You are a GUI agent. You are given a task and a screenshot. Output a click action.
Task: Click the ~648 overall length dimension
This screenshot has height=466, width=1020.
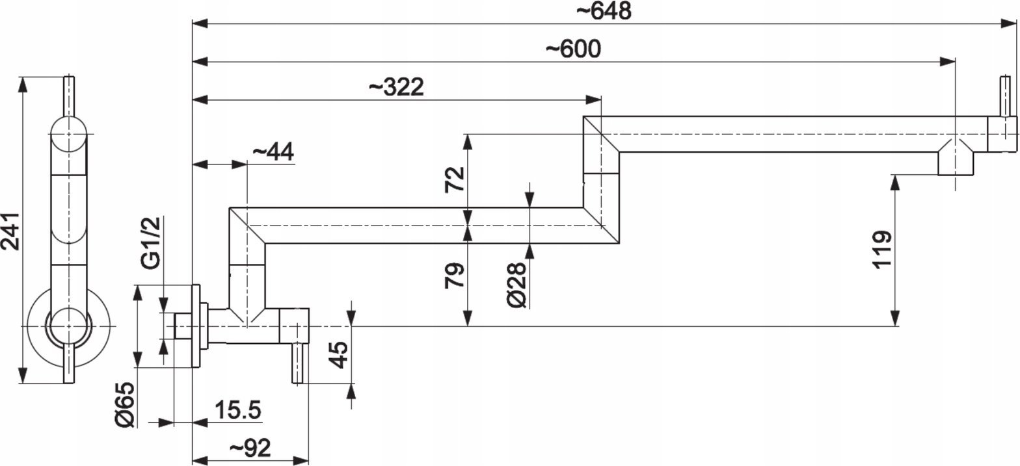(x=604, y=11)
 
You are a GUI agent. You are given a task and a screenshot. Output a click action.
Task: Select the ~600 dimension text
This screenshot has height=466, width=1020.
(x=573, y=49)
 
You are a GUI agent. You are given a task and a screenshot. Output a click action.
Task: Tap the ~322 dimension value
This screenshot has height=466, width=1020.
(x=396, y=87)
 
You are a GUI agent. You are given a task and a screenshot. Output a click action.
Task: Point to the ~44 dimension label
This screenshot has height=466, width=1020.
(x=273, y=151)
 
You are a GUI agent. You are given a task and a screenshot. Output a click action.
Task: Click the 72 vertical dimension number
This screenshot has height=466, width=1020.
(x=455, y=180)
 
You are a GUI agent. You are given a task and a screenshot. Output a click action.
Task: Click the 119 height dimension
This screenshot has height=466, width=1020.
(x=882, y=250)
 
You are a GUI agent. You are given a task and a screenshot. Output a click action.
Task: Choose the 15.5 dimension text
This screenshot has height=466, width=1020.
(x=237, y=410)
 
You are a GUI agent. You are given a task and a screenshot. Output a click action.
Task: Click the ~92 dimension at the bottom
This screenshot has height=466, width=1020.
(x=250, y=448)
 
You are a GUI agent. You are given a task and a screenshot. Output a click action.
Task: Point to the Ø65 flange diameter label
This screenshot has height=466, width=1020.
(x=125, y=404)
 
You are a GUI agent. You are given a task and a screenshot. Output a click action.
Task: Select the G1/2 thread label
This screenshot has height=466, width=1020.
(x=151, y=242)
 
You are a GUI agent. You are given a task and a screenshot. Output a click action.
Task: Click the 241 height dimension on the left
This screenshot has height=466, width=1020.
(x=10, y=231)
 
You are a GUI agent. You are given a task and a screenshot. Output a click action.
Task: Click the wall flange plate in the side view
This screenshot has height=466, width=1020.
(x=196, y=326)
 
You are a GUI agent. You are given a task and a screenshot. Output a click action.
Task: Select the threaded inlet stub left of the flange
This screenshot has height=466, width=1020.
(x=183, y=326)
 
